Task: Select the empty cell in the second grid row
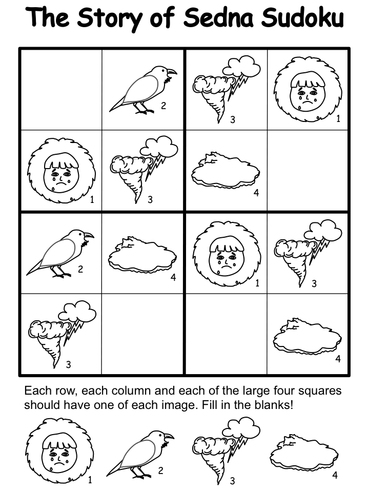307,170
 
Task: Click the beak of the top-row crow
172,72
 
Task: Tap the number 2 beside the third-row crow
80,269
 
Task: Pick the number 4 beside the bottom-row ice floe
338,359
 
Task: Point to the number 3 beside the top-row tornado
233,119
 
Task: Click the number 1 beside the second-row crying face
92,199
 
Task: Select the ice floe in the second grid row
225,171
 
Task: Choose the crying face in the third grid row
227,254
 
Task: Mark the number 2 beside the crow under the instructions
160,470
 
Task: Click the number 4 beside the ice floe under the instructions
335,476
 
